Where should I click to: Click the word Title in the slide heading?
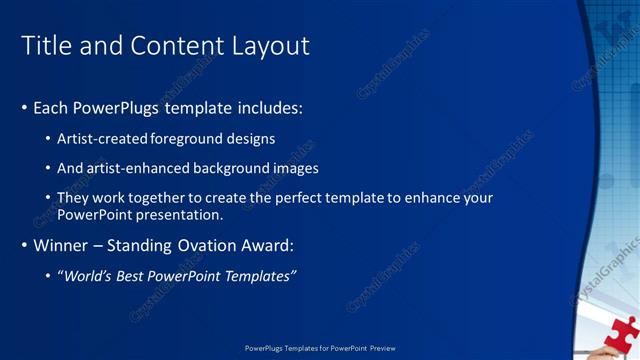[44, 46]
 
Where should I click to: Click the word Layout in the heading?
[271, 46]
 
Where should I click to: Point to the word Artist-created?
[103, 138]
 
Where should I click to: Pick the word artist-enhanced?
[139, 168]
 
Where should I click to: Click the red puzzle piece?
[621, 335]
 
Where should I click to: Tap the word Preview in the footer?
[382, 348]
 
